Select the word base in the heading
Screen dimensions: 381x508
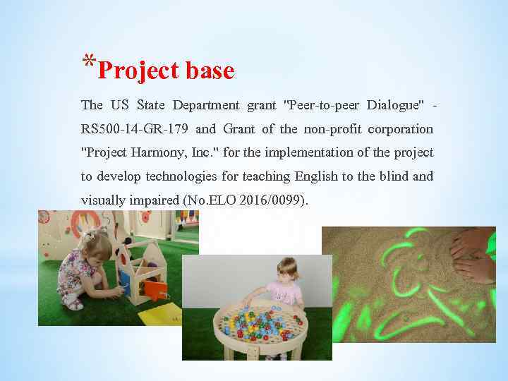(210, 71)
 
